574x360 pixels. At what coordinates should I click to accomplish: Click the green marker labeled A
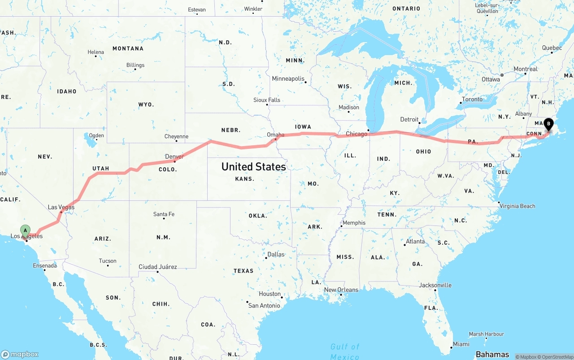[x=26, y=230]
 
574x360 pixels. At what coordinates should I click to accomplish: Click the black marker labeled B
[x=548, y=124]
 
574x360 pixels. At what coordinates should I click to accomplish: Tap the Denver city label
[x=174, y=156]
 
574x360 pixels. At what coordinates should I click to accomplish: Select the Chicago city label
[x=357, y=134]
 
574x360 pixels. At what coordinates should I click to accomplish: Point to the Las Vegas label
[x=61, y=207]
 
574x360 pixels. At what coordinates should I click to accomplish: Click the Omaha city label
[x=275, y=134]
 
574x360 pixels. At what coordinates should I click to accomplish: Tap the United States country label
[x=253, y=167]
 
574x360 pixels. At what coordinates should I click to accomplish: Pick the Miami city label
[x=461, y=344]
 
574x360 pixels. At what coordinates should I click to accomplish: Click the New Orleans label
[x=341, y=290]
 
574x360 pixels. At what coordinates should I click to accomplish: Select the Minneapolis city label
[x=288, y=78]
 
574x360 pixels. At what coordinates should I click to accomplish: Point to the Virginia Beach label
[x=517, y=206]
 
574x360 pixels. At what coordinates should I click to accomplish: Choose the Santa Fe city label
[x=164, y=214]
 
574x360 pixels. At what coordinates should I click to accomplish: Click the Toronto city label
[x=472, y=99]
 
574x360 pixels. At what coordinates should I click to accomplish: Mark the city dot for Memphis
[x=341, y=226]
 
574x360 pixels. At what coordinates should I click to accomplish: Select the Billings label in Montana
[x=135, y=65]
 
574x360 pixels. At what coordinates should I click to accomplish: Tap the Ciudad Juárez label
[x=157, y=267]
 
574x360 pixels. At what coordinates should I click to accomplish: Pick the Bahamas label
[x=492, y=354]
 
